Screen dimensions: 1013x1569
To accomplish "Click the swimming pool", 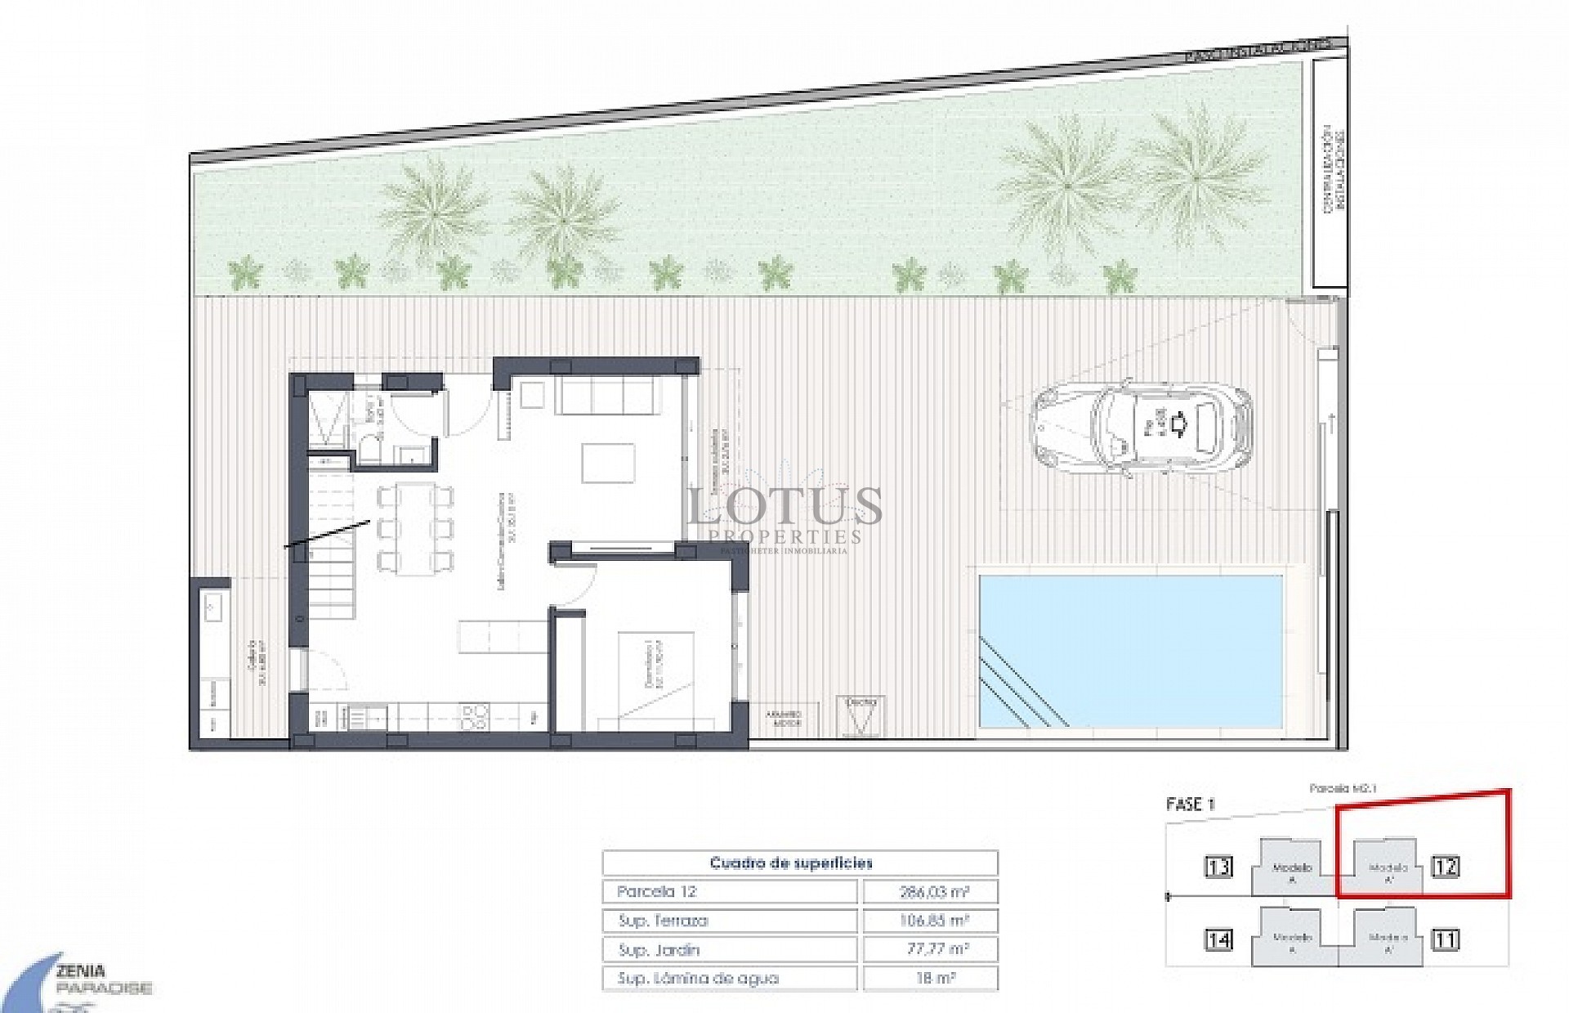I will point(1131,650).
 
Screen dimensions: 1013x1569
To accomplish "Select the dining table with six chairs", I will point(415,527).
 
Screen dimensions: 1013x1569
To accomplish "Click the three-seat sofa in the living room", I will point(605,396).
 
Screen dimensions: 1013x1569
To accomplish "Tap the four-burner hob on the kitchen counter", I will point(473,716).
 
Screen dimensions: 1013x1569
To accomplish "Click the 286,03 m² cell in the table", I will point(931,891).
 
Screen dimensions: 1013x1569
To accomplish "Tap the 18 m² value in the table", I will point(931,978).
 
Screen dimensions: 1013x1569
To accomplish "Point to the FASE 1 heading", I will point(1191,804).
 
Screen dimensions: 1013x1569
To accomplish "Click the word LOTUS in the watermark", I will point(784,506).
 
